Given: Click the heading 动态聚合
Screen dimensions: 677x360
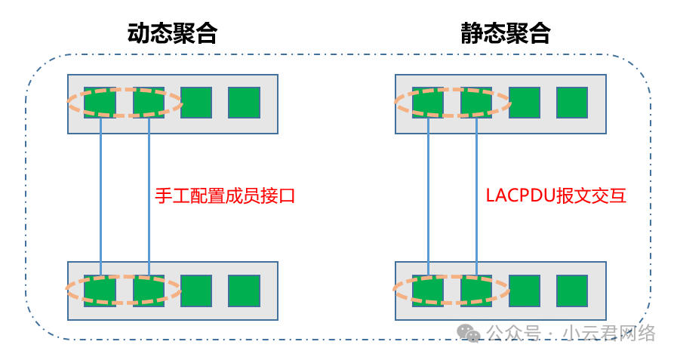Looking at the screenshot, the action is tap(172, 33).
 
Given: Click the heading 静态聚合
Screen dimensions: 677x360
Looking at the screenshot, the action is tap(506, 33).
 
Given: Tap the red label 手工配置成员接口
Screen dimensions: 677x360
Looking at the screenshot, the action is tap(225, 196).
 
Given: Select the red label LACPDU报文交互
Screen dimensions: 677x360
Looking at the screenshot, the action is tap(556, 195).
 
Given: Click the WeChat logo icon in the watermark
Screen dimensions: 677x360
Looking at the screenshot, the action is tap(469, 334).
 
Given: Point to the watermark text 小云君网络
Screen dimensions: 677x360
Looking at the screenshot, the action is tap(609, 334).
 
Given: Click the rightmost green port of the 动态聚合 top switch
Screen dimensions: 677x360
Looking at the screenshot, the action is tap(244, 103).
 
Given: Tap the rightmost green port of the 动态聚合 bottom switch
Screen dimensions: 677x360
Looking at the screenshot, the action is tap(244, 291).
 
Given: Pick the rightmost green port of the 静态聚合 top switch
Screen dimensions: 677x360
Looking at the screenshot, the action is tap(572, 103).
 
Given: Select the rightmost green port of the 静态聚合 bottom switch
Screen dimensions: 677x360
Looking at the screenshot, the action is tap(572, 291).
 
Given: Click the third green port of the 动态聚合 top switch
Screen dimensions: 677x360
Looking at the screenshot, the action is tap(196, 103).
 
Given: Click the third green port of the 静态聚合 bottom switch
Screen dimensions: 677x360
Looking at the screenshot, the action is tap(525, 291).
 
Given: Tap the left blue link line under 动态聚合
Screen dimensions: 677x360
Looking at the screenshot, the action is tap(100, 196).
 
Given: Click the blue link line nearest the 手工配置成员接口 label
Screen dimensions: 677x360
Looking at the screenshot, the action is tap(149, 196).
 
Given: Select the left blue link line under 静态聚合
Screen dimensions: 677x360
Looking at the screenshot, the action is tap(428, 196).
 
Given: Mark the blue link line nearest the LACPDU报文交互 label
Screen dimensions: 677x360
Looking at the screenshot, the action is tap(477, 196).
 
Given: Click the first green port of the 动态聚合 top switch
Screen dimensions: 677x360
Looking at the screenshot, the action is tap(100, 103).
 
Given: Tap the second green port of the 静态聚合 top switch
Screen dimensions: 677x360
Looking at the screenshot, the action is tap(476, 103).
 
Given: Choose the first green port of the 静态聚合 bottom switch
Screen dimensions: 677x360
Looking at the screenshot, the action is tap(428, 291).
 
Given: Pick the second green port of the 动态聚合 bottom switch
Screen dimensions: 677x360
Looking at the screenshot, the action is tap(149, 291).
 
